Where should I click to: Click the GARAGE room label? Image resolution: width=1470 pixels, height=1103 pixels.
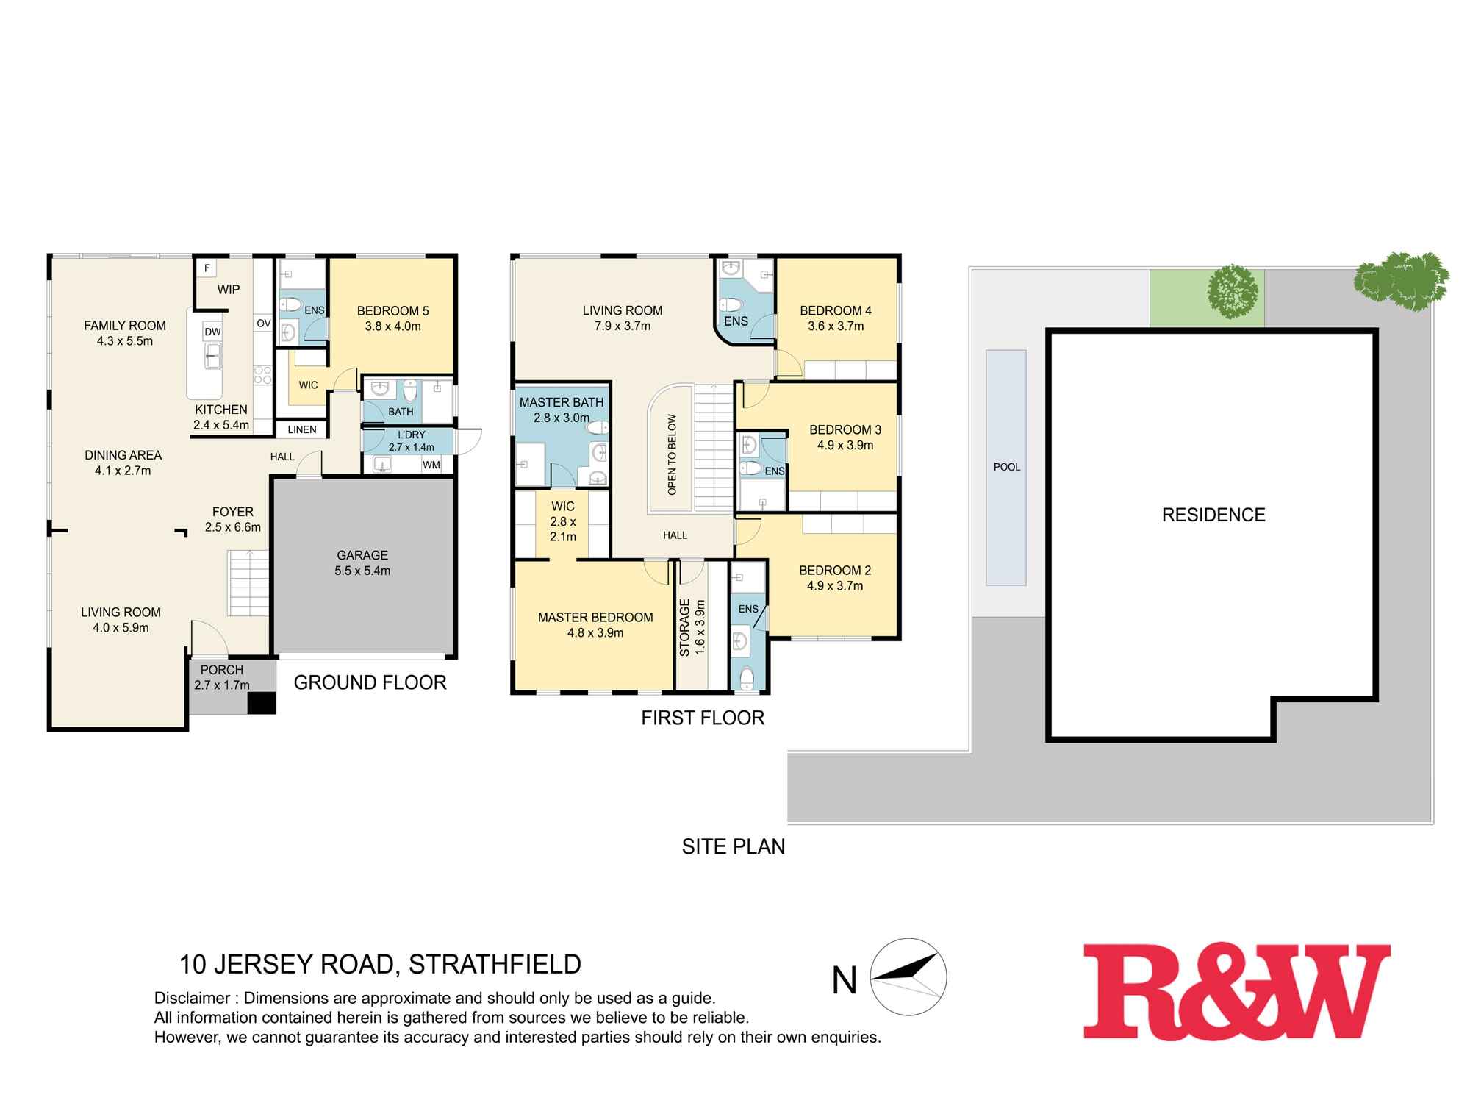coord(362,555)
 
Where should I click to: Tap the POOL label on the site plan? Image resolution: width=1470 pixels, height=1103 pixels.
coord(1006,467)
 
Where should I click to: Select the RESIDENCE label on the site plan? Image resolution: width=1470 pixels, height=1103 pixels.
coord(1213,515)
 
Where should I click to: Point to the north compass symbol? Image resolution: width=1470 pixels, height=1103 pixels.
coord(908,977)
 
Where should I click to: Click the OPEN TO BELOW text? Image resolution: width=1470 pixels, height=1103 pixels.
coord(672,454)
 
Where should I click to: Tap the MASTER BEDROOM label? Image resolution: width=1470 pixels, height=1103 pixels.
coord(595,618)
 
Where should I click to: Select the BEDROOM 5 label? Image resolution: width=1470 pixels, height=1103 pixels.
coord(392,311)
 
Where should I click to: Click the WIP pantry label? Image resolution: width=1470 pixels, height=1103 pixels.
coord(229,290)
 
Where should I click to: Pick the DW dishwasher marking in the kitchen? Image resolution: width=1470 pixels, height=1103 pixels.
coord(212,332)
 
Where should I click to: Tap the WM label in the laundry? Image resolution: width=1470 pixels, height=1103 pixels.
coord(431,465)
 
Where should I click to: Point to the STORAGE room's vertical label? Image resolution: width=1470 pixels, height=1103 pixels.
coord(685,627)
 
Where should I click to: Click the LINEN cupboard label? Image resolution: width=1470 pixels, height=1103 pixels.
coord(302,429)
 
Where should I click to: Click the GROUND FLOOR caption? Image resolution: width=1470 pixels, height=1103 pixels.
coord(370,682)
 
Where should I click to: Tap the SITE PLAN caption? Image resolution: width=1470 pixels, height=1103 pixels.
coord(733,846)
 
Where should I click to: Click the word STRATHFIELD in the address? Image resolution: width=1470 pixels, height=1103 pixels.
coord(495,964)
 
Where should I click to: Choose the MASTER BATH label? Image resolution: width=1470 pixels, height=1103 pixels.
coord(562,402)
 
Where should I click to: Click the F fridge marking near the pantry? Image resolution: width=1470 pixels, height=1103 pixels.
coord(207,268)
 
